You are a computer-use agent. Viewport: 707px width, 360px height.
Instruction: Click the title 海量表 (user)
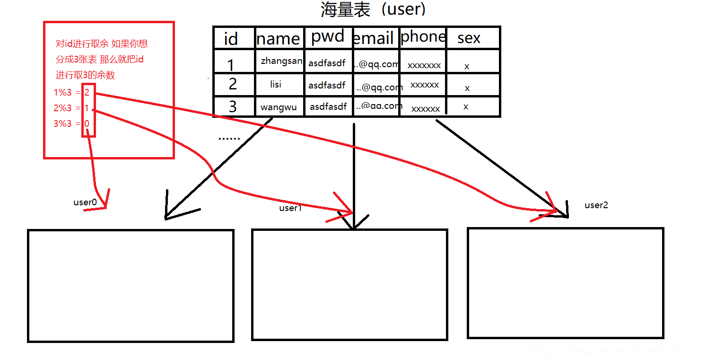pos(374,9)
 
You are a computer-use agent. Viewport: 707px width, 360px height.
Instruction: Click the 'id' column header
pos(230,39)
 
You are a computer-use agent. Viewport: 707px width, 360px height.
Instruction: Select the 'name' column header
pos(278,39)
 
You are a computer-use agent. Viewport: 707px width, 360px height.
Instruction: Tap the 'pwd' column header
pos(328,37)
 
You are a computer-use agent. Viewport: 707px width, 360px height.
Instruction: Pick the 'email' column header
pos(374,38)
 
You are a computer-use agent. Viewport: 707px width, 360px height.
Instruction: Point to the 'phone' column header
pos(423,37)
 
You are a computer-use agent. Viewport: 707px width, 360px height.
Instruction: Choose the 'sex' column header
pos(469,38)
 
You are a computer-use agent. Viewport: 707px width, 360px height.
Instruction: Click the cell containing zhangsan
pos(281,61)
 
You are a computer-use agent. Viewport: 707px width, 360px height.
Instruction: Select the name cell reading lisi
pos(276,85)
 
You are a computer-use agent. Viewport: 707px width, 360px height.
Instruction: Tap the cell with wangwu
pos(279,107)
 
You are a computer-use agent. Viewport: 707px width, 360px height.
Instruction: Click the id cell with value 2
pos(232,84)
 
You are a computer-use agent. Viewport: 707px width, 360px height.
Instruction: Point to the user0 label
pos(85,202)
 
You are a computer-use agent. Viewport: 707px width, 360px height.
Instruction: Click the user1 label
pos(290,208)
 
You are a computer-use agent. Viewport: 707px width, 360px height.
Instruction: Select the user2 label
pos(596,205)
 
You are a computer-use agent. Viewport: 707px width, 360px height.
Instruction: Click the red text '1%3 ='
pos(67,93)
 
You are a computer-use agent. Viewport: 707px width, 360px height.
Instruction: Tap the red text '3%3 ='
pos(67,123)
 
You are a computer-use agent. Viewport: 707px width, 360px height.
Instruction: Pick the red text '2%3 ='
pos(67,108)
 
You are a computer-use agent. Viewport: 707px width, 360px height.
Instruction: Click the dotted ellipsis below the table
pos(229,139)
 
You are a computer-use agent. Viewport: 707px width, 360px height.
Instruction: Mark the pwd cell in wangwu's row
pos(328,106)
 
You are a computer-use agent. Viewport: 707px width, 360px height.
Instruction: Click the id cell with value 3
pos(232,106)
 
